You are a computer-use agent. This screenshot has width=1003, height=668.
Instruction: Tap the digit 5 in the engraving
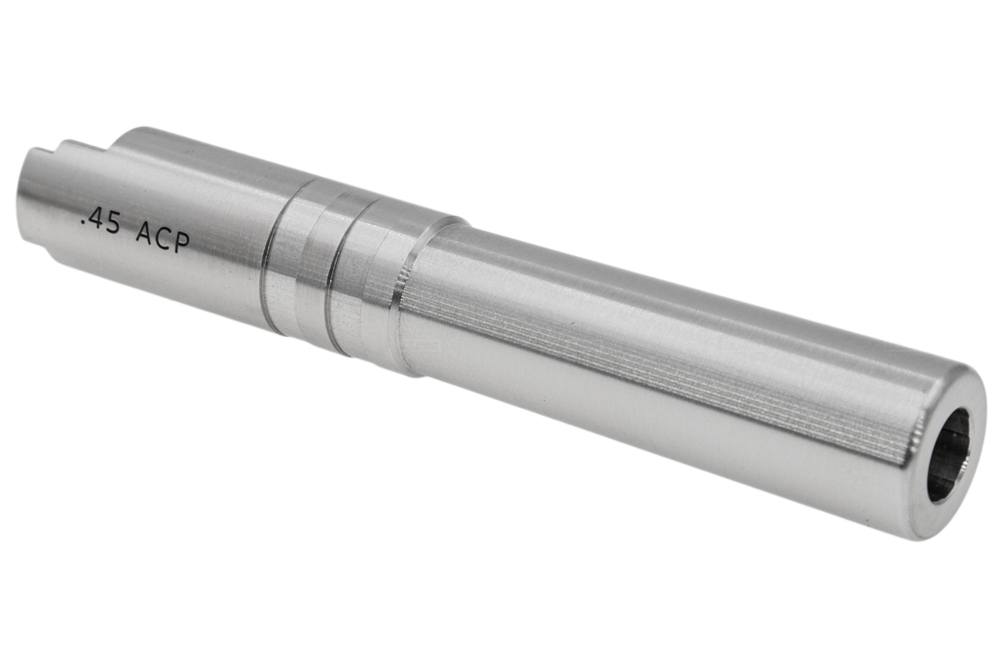click(x=115, y=226)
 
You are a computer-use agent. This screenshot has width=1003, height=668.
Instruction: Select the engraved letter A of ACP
click(x=144, y=233)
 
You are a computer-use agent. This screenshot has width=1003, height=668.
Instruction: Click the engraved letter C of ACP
click(x=161, y=237)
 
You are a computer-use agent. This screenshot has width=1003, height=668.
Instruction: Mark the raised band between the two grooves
click(x=302, y=266)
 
